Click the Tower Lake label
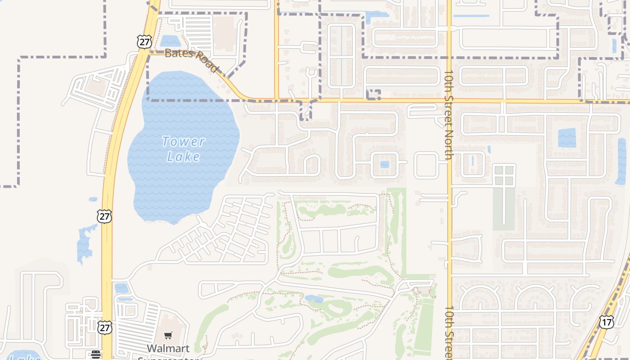183,149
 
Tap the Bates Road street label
192,59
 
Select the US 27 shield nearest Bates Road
144,42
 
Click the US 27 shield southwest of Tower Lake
104,216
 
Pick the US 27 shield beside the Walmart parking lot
105,328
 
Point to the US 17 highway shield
606,322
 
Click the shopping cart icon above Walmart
168,335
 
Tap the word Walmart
168,348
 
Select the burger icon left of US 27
95,355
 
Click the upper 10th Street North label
448,115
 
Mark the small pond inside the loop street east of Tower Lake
384,164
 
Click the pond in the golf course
314,298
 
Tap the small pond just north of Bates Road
170,41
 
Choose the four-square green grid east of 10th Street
504,176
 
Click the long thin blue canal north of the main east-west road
341,56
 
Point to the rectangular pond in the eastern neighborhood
567,138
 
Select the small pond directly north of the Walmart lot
121,288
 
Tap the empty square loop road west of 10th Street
426,165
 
